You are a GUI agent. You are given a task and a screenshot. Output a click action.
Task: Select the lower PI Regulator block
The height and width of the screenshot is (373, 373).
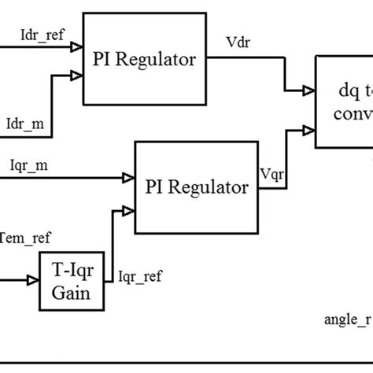click(197, 187)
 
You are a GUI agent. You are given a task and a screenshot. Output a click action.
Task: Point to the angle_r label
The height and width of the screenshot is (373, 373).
click(347, 319)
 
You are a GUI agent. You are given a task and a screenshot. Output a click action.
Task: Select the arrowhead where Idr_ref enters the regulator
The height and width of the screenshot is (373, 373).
click(77, 46)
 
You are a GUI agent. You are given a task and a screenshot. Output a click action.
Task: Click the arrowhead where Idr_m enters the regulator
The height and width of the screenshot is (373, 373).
click(77, 76)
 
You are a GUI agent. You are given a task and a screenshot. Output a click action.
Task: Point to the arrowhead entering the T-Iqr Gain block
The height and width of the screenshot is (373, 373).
click(35, 279)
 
